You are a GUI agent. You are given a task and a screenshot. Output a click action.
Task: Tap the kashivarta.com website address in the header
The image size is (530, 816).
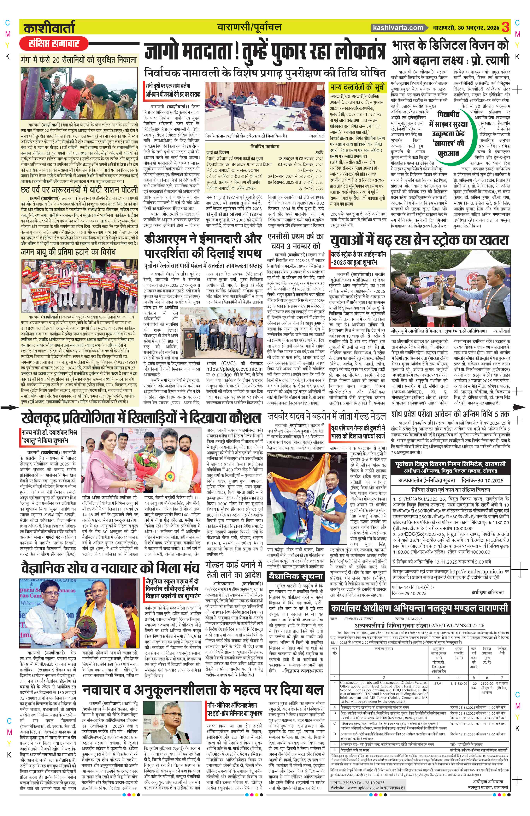tap(398, 28)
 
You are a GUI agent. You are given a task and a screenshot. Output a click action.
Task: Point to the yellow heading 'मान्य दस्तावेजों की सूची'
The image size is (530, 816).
tap(358, 87)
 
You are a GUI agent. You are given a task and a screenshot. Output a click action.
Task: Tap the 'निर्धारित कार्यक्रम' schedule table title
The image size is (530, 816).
tap(264, 146)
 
